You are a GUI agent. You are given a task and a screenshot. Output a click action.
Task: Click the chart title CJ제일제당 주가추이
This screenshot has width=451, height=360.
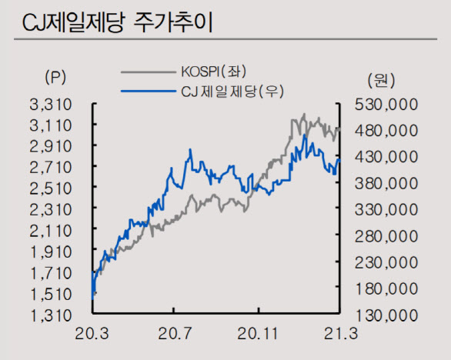tap(116, 22)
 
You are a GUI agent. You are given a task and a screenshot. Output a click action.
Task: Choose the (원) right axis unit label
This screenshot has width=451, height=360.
tap(379, 78)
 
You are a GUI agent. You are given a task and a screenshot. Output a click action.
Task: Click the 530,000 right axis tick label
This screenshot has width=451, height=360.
tap(388, 103)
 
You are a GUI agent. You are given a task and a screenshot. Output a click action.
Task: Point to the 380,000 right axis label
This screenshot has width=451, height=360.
tap(388, 183)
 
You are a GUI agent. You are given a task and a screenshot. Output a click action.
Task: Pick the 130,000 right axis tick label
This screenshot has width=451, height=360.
tap(388, 315)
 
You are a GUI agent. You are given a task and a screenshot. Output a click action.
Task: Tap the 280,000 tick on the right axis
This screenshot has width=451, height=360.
tap(388, 235)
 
